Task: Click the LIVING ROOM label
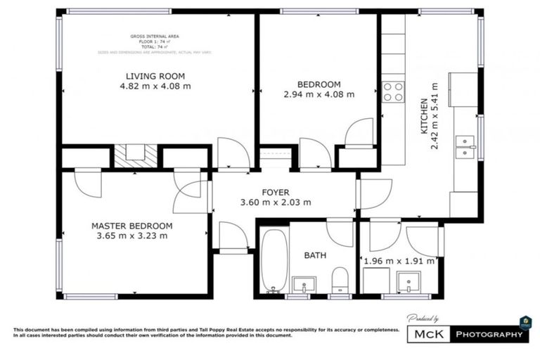[x=155, y=76]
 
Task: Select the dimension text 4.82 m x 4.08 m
[x=155, y=86]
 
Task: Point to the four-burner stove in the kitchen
[x=393, y=91]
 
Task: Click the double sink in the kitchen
[x=465, y=146]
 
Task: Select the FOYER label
[x=276, y=192]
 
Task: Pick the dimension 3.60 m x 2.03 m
[x=276, y=202]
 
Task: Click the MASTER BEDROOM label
[x=132, y=226]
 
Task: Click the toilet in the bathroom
[x=340, y=278]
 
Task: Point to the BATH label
[x=314, y=256]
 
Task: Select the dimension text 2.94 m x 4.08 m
[x=319, y=94]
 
